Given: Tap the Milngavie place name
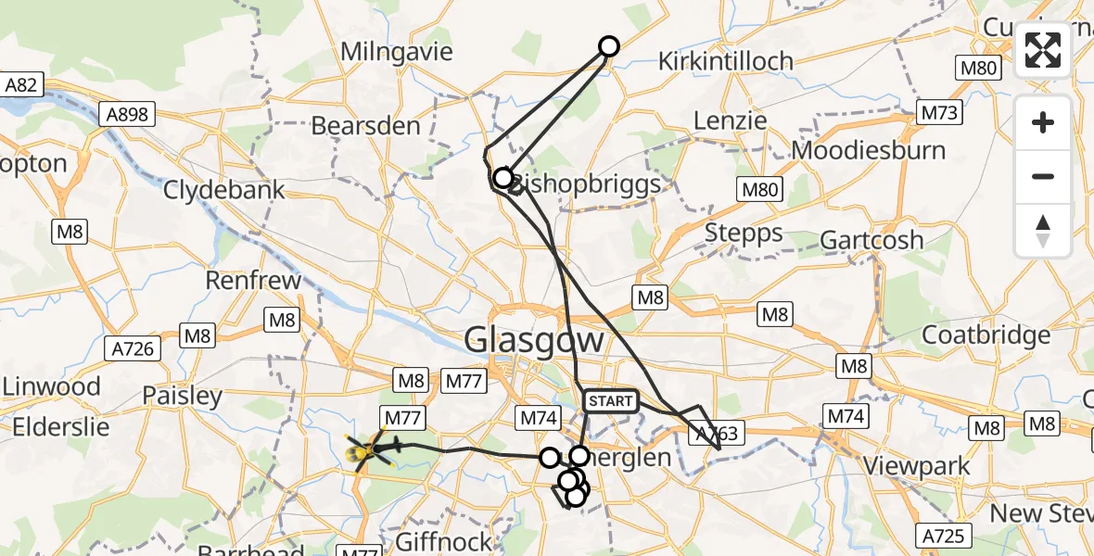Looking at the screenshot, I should [x=397, y=51].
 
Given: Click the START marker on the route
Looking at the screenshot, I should [x=610, y=401].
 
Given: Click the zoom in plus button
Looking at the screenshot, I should [x=1043, y=123].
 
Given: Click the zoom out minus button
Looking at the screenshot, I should [x=1043, y=176].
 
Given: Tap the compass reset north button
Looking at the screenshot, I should [x=1043, y=230].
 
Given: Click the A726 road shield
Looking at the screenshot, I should [x=135, y=348].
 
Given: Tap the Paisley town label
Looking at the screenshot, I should [x=183, y=397].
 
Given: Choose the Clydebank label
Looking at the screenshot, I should [x=224, y=190].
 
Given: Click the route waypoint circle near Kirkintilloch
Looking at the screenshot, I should [x=609, y=45].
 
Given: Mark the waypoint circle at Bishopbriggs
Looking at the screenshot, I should [x=502, y=177].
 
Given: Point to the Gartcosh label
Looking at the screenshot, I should [x=871, y=240].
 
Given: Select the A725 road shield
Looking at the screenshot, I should [x=945, y=535].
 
